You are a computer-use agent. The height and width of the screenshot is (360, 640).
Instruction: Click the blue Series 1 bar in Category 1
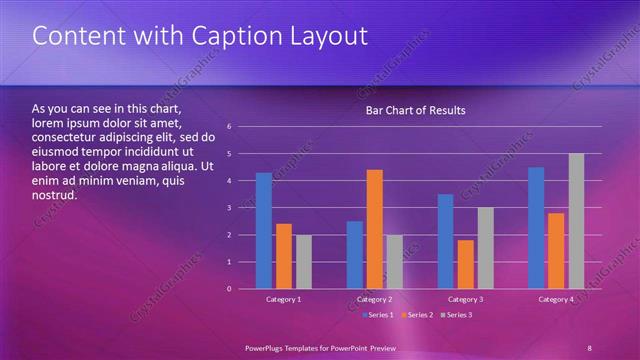click(x=264, y=231)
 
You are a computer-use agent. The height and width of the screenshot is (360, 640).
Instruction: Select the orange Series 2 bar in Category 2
click(x=375, y=229)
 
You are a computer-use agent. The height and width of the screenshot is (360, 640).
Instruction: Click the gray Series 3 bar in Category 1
click(x=303, y=262)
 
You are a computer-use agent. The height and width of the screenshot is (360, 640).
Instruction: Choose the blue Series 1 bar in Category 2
click(x=355, y=255)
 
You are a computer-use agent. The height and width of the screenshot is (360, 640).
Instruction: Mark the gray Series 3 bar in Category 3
click(x=486, y=248)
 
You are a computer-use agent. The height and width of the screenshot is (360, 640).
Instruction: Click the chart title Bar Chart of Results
click(x=415, y=110)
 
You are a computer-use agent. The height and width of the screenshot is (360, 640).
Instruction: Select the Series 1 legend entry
click(x=377, y=315)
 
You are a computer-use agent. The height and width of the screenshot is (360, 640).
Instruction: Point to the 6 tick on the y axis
click(x=230, y=127)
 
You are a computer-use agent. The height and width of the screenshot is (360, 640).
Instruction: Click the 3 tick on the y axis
click(x=230, y=208)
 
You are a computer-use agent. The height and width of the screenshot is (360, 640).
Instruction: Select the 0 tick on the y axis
click(x=230, y=289)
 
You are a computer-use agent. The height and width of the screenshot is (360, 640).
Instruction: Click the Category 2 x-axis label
click(x=375, y=300)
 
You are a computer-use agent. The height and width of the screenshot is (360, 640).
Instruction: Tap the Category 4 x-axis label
click(x=556, y=300)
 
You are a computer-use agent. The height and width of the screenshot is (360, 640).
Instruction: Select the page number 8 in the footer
click(x=590, y=347)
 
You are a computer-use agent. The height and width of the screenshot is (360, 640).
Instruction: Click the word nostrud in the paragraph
click(x=55, y=195)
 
